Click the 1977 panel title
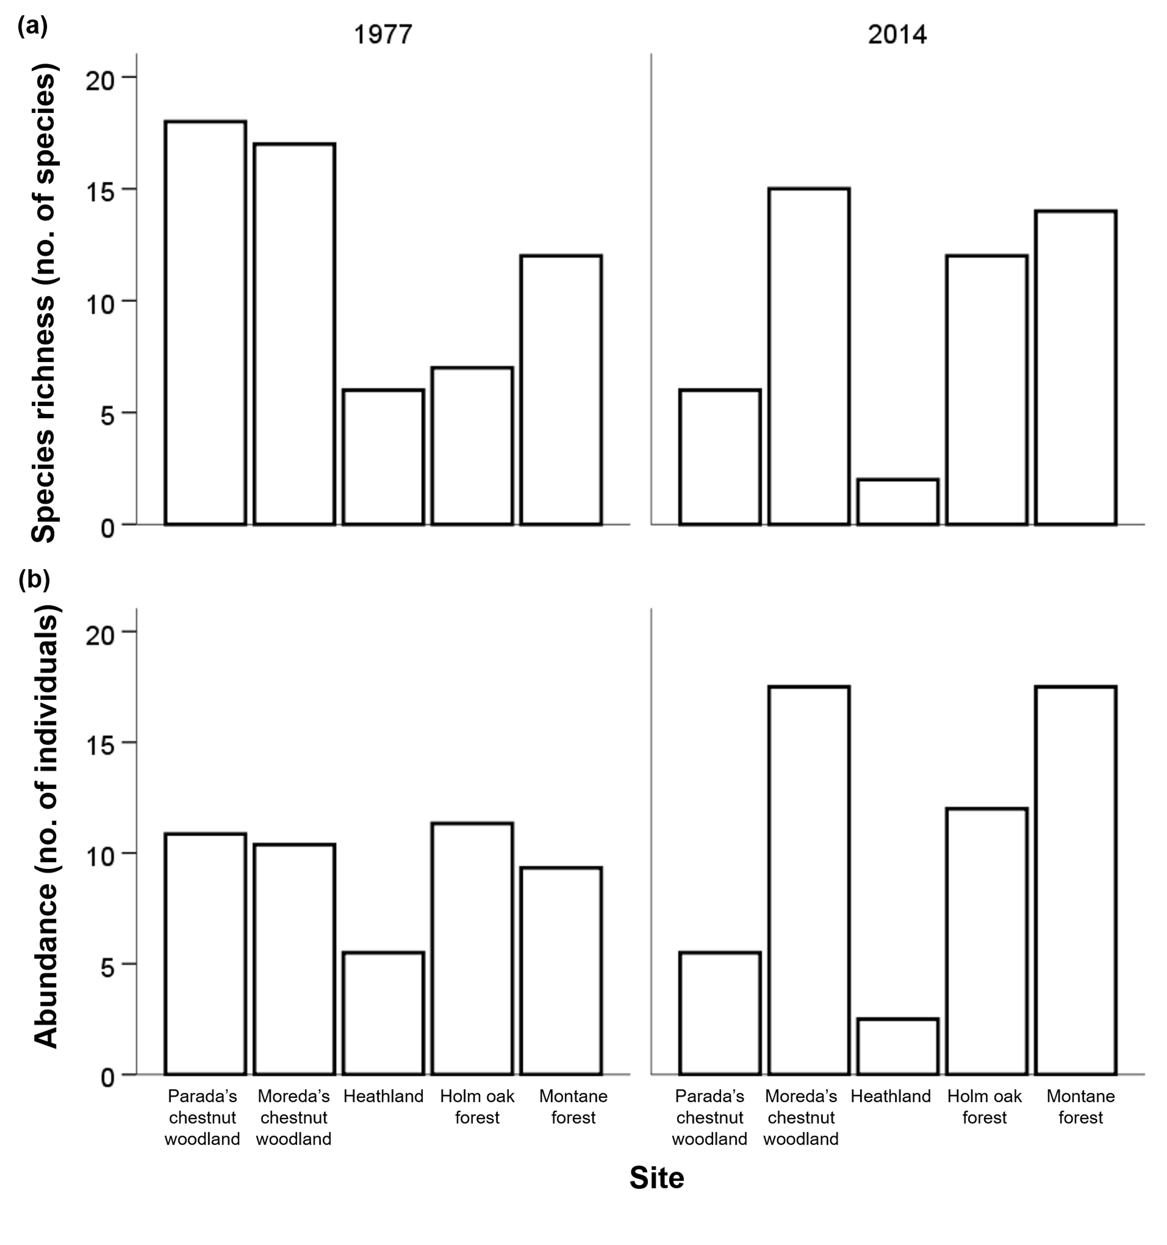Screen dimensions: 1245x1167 [383, 35]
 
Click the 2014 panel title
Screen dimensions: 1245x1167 [897, 35]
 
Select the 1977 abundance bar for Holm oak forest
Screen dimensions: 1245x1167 [473, 949]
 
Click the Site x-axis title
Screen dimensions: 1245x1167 [656, 1178]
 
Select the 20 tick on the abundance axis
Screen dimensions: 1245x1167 [101, 634]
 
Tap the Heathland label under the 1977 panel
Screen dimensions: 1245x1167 [383, 1096]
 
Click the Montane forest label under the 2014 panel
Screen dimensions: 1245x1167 [1081, 1107]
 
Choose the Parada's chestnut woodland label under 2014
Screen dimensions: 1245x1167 [709, 1117]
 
